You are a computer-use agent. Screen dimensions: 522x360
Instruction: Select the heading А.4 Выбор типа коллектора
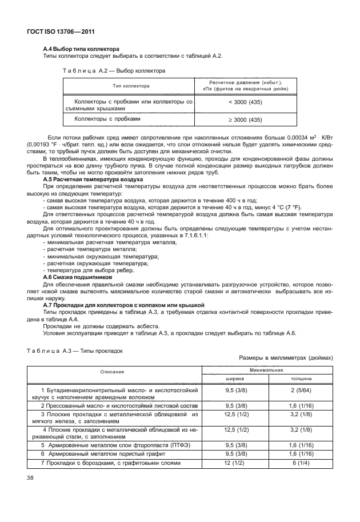click(81, 49)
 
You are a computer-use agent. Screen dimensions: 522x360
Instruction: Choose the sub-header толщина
click(300, 378)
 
